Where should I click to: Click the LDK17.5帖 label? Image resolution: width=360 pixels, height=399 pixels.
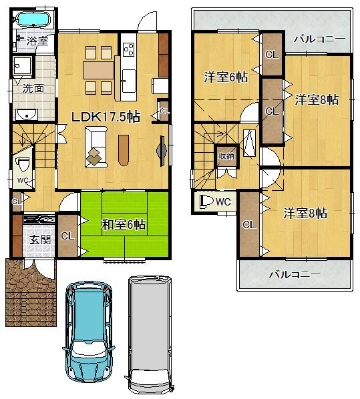[106, 116]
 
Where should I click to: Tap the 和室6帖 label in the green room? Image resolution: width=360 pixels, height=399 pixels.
[124, 225]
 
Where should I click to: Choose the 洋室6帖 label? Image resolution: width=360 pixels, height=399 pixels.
[226, 77]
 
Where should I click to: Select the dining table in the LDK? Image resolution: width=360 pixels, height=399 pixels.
[99, 69]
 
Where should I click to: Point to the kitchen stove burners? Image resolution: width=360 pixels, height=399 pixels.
[129, 49]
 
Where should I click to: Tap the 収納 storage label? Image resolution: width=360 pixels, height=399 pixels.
[226, 155]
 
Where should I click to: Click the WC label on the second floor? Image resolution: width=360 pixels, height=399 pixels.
[223, 201]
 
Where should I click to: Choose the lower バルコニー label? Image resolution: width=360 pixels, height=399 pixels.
[295, 274]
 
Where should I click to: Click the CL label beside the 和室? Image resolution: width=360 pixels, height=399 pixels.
[67, 236]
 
